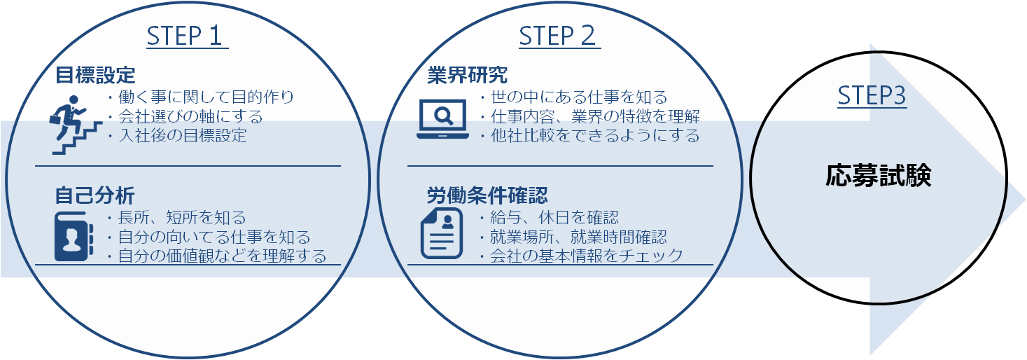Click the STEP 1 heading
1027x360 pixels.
187,36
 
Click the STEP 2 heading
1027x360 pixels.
559,36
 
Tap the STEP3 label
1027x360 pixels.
872,96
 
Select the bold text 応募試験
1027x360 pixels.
878,176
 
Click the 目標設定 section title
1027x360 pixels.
95,74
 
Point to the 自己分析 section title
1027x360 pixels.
95,194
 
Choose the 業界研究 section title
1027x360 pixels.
468,74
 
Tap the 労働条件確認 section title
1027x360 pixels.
487,194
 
